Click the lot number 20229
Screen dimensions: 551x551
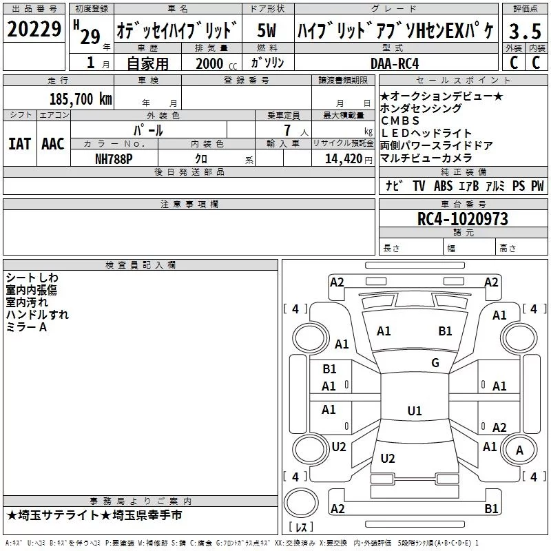pos(34,29)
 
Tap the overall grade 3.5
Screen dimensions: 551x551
pos(525,31)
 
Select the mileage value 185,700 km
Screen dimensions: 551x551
pos(81,99)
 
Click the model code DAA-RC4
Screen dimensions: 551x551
pos(395,63)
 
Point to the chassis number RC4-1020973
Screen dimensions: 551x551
pos(462,219)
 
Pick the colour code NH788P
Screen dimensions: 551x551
pos(114,159)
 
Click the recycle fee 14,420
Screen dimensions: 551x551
pos(343,159)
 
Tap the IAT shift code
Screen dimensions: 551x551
pos(19,144)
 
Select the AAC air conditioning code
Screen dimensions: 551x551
pos(53,144)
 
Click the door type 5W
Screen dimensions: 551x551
pos(267,30)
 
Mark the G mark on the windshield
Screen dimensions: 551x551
pos(435,363)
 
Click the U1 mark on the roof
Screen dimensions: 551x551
pos(415,410)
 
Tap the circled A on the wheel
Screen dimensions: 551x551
pos(519,450)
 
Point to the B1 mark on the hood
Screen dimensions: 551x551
pos(445,331)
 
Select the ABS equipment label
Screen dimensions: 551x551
pos(443,186)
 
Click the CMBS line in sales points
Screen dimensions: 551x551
pos(400,121)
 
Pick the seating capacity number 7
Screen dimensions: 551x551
pos(287,130)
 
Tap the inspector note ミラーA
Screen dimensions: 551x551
pos(26,327)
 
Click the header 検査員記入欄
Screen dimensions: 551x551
pos(141,265)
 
